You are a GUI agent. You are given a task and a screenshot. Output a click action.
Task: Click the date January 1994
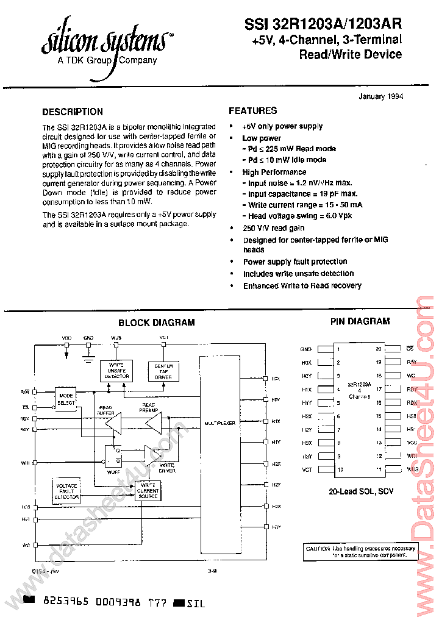pyautogui.click(x=380, y=96)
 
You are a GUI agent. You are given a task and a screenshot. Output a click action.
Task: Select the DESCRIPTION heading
pyautogui.click(x=73, y=112)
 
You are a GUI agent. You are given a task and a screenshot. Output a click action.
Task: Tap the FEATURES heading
pyautogui.click(x=253, y=110)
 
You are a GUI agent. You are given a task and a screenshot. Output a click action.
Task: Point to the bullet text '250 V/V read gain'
pyautogui.click(x=274, y=228)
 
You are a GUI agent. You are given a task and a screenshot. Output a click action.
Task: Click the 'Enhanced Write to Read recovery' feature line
pyautogui.click(x=302, y=285)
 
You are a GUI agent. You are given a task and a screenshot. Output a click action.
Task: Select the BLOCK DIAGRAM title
pyautogui.click(x=157, y=323)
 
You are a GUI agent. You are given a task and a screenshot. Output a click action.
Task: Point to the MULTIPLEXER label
pyautogui.click(x=220, y=422)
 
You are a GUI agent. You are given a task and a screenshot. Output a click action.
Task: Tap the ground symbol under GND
pyautogui.click(x=88, y=359)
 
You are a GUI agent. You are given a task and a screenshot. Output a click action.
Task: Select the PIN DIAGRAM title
pyautogui.click(x=360, y=321)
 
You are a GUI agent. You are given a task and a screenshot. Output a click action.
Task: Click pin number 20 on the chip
pyautogui.click(x=378, y=349)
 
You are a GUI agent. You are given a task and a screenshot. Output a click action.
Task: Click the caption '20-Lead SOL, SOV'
pyautogui.click(x=359, y=490)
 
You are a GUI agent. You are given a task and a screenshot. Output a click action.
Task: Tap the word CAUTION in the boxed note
pyautogui.click(x=318, y=549)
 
